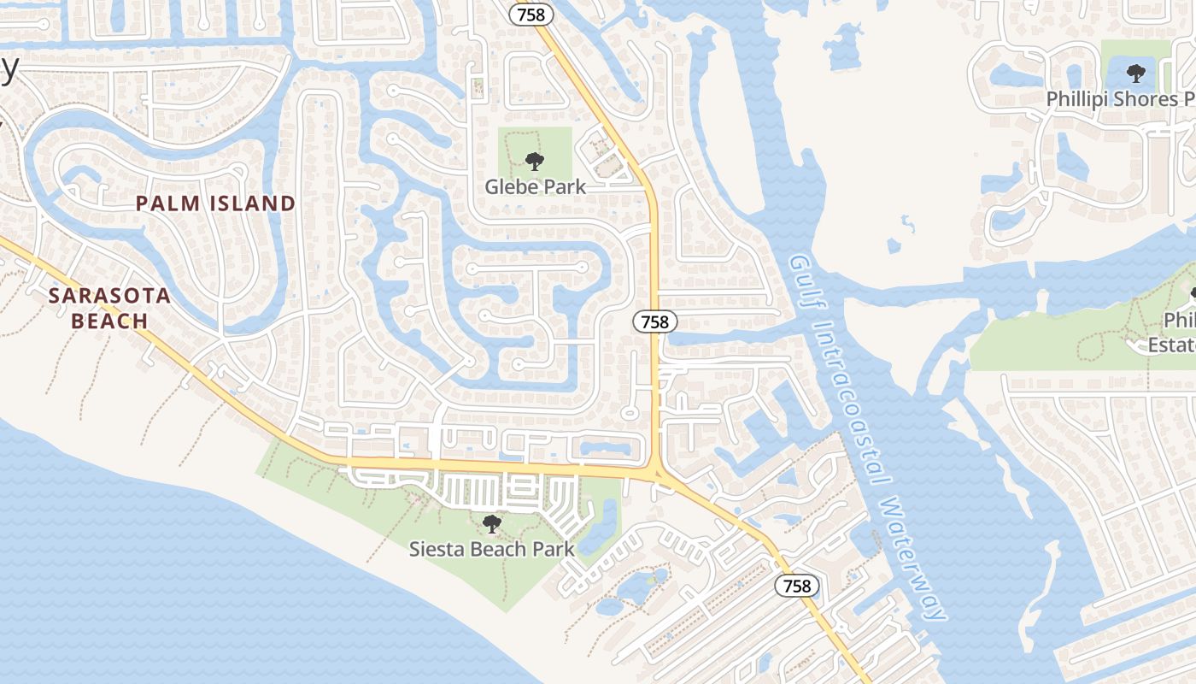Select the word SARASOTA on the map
pos(109,297)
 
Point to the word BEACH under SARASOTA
pos(109,321)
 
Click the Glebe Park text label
pos(536,186)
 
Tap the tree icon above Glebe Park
pos(535,161)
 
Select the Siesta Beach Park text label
pos(492,549)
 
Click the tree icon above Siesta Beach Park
pos(491,523)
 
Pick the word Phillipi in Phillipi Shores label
pos(1077,99)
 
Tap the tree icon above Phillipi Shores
pos(1135,73)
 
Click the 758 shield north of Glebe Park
pos(531,15)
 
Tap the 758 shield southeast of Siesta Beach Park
pos(796,586)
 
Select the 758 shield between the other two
pos(655,321)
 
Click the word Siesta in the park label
pos(437,549)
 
